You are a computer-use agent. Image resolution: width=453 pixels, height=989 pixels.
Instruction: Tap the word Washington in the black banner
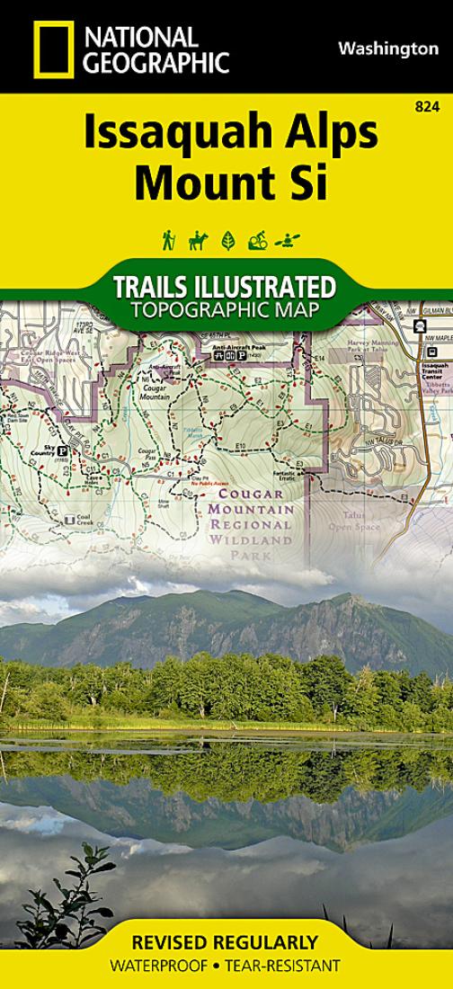pos(388,49)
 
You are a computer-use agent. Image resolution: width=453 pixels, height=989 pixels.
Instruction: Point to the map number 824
pos(427,107)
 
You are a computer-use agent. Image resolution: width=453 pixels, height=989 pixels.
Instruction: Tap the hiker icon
pos(168,240)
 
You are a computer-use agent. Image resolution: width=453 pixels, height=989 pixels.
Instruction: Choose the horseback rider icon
pos(198,240)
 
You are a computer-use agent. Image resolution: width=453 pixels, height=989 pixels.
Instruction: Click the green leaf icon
pos(227,240)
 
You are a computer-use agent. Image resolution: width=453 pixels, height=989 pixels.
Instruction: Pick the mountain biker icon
pos(257,240)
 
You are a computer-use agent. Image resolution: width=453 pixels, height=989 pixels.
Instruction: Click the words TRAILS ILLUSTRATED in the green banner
pos(225,288)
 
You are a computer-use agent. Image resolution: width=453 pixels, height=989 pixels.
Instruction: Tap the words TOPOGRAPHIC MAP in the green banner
pos(225,310)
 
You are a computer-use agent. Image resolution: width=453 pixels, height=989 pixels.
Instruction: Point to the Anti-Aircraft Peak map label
pos(235,346)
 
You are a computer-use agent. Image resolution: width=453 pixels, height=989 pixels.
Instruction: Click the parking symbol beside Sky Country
pos(62,450)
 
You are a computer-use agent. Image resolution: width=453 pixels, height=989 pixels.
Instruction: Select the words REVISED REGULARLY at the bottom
pos(225,942)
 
